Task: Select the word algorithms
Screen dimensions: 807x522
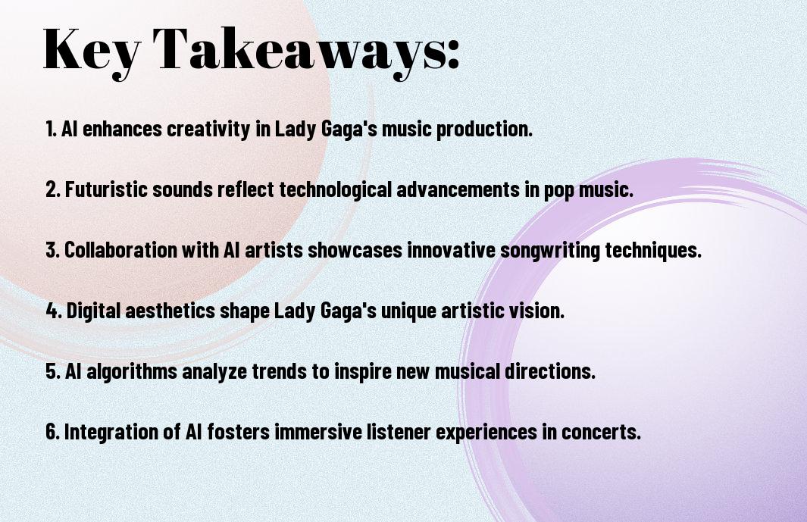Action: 132,370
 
